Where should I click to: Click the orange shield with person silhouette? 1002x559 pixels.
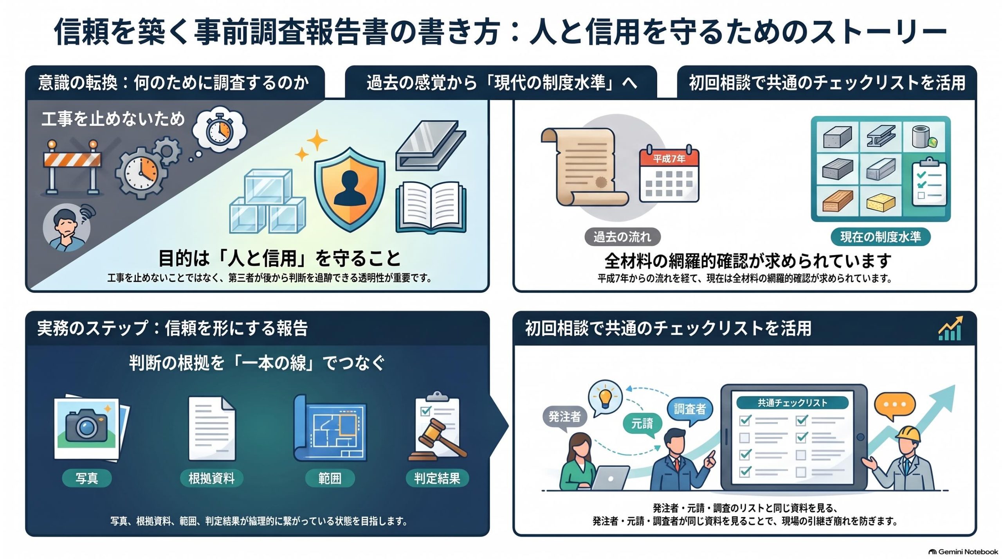point(350,190)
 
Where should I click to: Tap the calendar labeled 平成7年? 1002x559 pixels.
point(669,174)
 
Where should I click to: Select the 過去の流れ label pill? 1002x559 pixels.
point(622,237)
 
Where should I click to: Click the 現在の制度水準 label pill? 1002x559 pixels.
point(880,237)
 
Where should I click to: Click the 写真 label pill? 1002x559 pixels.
point(87,478)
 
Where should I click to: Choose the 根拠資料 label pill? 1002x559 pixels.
point(211,478)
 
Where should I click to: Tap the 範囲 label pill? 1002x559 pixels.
point(330,478)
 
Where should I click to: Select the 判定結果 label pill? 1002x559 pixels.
point(437,478)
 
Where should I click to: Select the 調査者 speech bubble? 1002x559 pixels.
point(690,410)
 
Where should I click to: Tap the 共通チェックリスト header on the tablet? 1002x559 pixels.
point(793,403)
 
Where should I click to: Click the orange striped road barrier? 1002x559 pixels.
point(72,167)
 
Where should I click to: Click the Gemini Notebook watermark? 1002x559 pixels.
point(963,552)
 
